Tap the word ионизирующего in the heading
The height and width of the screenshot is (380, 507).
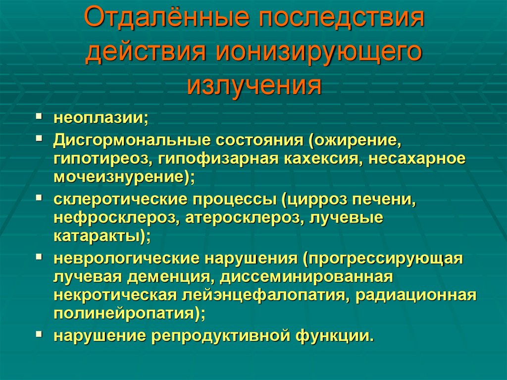[316, 52]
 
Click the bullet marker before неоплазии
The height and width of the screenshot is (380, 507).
[38, 117]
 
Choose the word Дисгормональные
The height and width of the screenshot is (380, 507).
[131, 140]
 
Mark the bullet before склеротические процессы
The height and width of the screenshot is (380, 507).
[38, 198]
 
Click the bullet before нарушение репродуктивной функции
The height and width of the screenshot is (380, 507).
[38, 334]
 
